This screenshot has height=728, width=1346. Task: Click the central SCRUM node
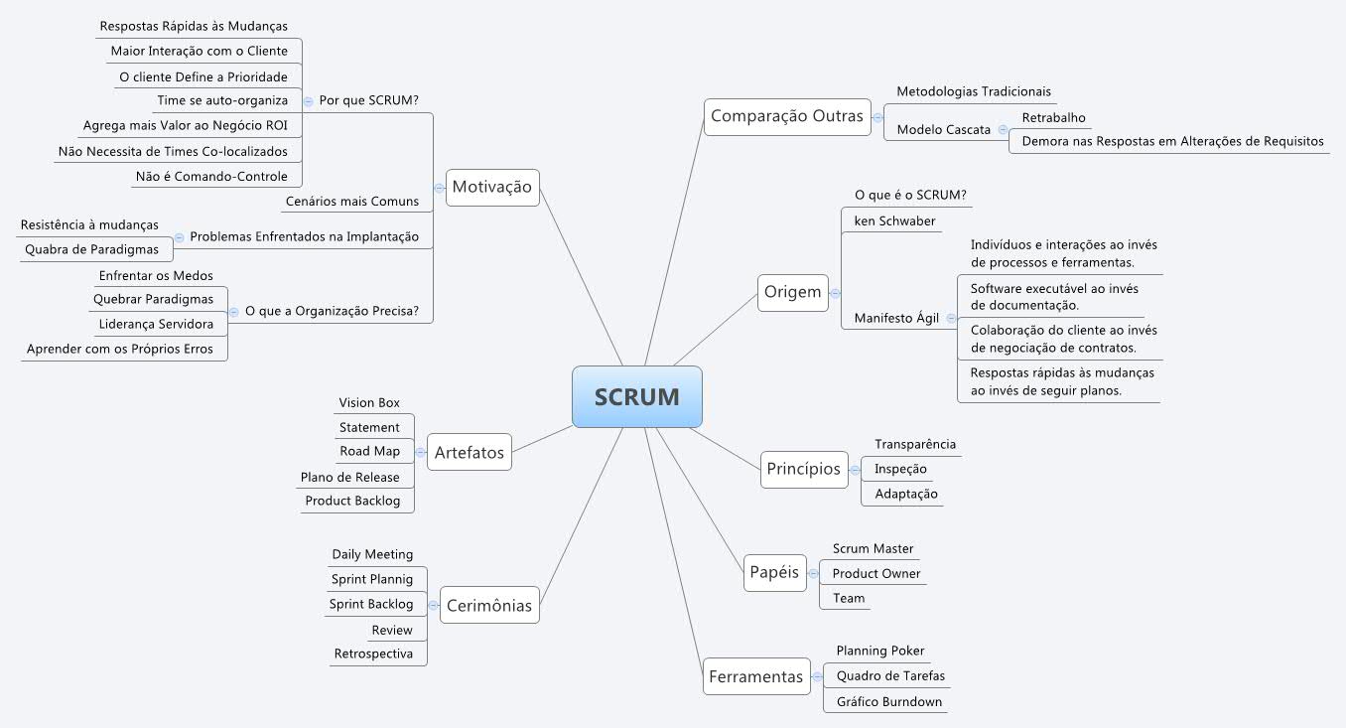pyautogui.click(x=636, y=397)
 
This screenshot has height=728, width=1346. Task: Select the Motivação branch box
pyautogui.click(x=492, y=187)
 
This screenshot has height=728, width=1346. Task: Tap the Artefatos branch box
pyautogui.click(x=469, y=453)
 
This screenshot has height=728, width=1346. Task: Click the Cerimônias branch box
pyautogui.click(x=488, y=605)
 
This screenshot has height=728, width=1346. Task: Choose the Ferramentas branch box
pyautogui.click(x=755, y=676)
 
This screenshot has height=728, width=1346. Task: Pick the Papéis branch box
pyautogui.click(x=774, y=572)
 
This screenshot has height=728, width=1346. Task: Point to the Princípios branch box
pyautogui.click(x=803, y=469)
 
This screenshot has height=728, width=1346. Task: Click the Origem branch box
pyautogui.click(x=792, y=292)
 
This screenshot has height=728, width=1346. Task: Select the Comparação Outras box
pyautogui.click(x=787, y=116)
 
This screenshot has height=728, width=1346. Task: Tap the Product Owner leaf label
pyautogui.click(x=875, y=573)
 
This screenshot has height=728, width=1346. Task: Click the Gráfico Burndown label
pyautogui.click(x=888, y=701)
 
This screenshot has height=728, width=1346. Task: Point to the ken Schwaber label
pyautogui.click(x=894, y=220)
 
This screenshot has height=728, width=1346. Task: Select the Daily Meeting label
pyautogui.click(x=372, y=554)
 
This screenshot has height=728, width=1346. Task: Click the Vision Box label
pyautogui.click(x=369, y=402)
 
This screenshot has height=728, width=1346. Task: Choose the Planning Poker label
pyautogui.click(x=879, y=651)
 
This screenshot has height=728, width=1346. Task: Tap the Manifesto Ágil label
pyautogui.click(x=896, y=319)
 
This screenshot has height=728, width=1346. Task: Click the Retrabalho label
pyautogui.click(x=1051, y=116)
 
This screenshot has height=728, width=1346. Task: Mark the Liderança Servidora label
pyautogui.click(x=156, y=324)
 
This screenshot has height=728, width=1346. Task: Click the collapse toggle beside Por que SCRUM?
pyautogui.click(x=309, y=100)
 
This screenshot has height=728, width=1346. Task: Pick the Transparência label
pyautogui.click(x=914, y=444)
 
